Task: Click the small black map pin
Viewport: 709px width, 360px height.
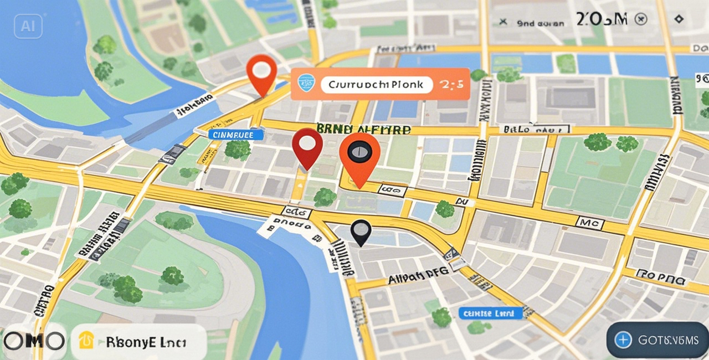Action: pyautogui.click(x=361, y=231)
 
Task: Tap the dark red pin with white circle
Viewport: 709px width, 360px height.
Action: pyautogui.click(x=307, y=145)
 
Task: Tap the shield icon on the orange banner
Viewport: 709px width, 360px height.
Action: pyautogui.click(x=306, y=84)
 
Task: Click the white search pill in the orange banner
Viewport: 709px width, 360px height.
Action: pyautogui.click(x=376, y=85)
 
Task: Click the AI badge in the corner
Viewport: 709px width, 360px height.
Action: pyautogui.click(x=28, y=26)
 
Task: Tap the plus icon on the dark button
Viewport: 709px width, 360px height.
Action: pyautogui.click(x=624, y=340)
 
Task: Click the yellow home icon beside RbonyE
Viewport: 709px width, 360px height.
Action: pyautogui.click(x=86, y=341)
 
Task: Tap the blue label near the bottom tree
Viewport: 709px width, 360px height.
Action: pyautogui.click(x=491, y=313)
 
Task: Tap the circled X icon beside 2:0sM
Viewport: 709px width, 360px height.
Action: pyautogui.click(x=641, y=20)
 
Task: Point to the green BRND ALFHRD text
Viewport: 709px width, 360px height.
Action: pyautogui.click(x=363, y=130)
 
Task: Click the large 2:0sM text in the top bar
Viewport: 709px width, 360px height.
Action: pyautogui.click(x=602, y=19)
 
